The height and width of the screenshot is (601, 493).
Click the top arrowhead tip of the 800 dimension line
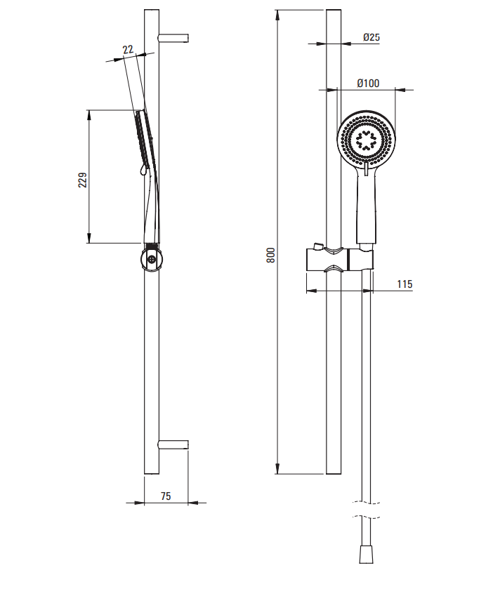pyautogui.click(x=277, y=10)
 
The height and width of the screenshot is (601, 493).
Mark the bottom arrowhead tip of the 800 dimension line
pyautogui.click(x=277, y=474)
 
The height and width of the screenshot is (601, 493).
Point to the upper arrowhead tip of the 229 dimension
pyautogui.click(x=89, y=110)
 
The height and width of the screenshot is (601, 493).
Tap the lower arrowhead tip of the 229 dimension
pyautogui.click(x=89, y=243)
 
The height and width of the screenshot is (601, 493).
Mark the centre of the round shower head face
pyautogui.click(x=366, y=139)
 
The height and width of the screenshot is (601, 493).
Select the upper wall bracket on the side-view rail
pyautogui.click(x=173, y=38)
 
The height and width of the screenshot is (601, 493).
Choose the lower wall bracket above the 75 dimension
pyautogui.click(x=173, y=444)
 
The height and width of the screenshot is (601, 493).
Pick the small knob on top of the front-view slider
pyautogui.click(x=318, y=246)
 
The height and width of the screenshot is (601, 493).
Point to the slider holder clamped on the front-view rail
pyautogui.click(x=339, y=260)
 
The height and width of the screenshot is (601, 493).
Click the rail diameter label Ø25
pyautogui.click(x=372, y=37)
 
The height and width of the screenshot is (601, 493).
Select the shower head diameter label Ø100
pyautogui.click(x=368, y=83)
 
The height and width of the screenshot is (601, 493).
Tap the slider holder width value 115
pyautogui.click(x=405, y=284)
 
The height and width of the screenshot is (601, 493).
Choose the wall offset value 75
pyautogui.click(x=166, y=496)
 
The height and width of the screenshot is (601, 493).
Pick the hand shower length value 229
pyautogui.click(x=82, y=180)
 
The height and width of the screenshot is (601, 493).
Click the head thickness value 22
pyautogui.click(x=128, y=49)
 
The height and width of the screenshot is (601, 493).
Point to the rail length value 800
pyautogui.click(x=270, y=256)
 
